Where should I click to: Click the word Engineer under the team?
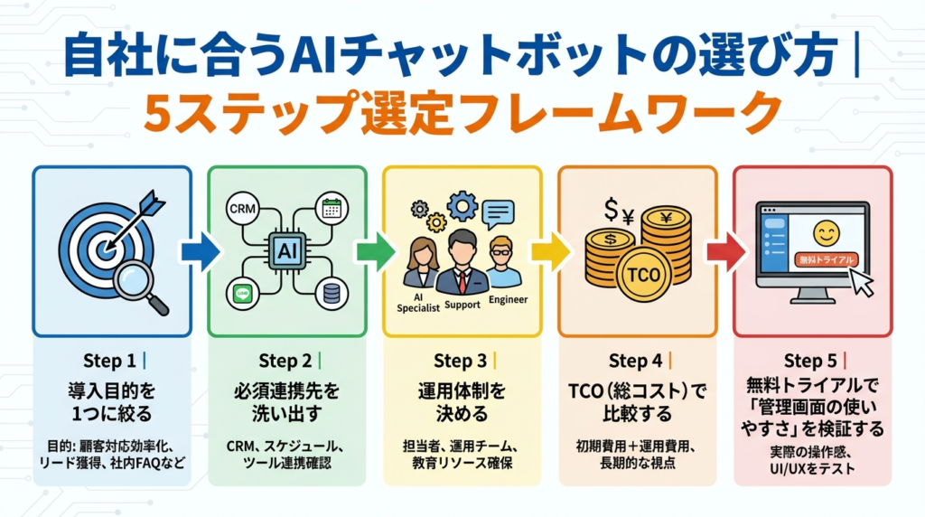coord(506,300)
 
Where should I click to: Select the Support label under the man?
coord(462,305)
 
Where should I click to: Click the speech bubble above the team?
coord(497,213)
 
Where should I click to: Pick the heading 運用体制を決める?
coord(462,403)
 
